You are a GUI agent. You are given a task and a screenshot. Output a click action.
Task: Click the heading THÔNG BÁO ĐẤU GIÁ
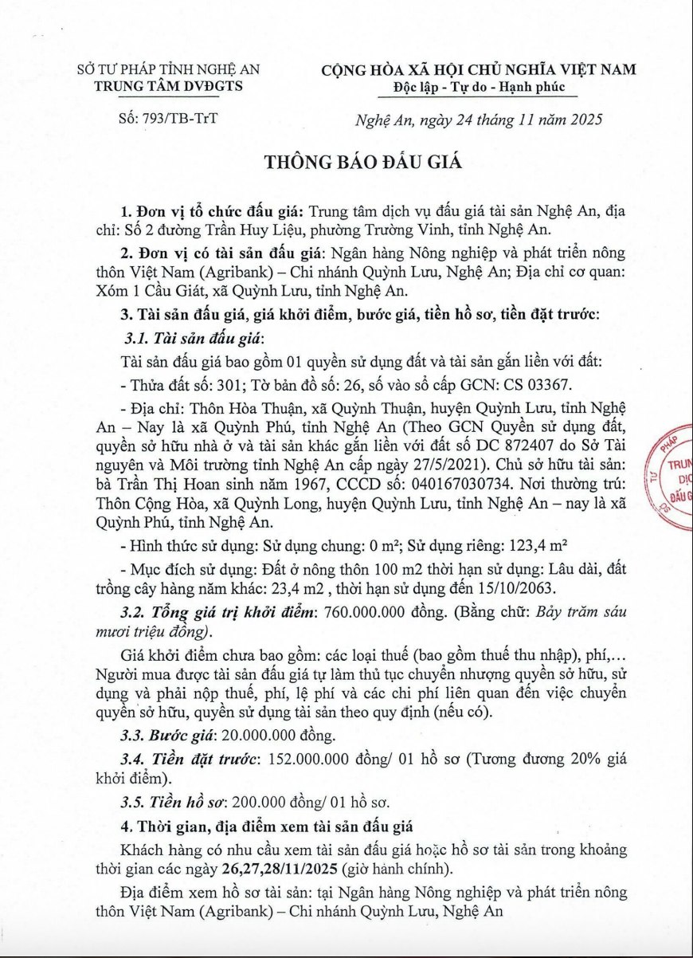pos(362,162)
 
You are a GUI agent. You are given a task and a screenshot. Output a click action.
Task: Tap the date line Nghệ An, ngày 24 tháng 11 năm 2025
pos(478,120)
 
